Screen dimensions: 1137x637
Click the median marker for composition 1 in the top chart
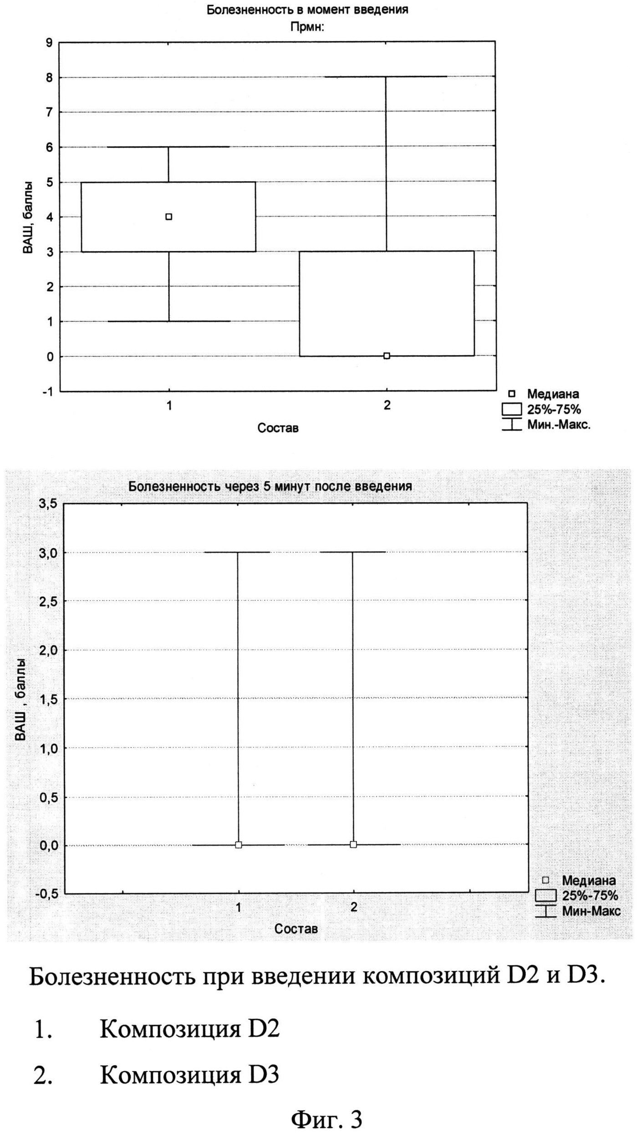point(169,217)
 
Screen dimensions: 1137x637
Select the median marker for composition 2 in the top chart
point(387,356)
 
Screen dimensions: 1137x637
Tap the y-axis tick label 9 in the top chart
point(49,43)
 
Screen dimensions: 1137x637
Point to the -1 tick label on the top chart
point(47,391)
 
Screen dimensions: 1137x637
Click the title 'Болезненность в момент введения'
point(307,10)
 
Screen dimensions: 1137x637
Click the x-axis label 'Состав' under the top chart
point(278,428)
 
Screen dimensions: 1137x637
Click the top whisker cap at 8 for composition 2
point(386,77)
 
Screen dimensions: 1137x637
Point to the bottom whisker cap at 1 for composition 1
point(169,321)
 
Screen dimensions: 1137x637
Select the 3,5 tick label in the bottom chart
point(48,504)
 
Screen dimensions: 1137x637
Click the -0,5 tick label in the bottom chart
point(46,894)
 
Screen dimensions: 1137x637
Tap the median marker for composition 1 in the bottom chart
point(239,845)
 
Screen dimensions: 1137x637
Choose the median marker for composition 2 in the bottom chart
point(353,845)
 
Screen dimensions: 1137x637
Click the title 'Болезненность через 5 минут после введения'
point(270,487)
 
